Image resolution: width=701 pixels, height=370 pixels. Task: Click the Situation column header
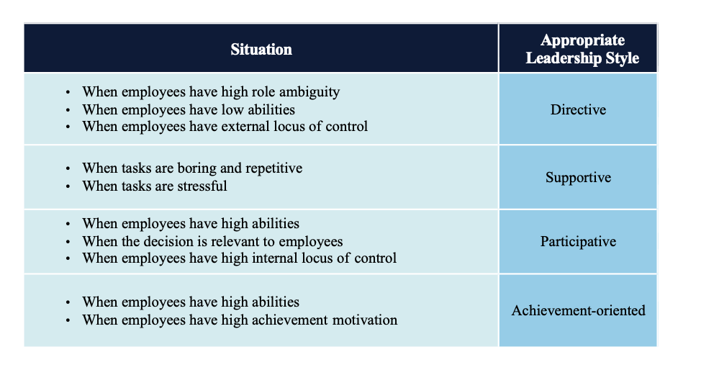click(x=261, y=50)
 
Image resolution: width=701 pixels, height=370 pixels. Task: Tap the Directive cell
click(x=578, y=110)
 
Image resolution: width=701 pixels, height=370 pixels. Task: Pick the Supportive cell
click(x=578, y=177)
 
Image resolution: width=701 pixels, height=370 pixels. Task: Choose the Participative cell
click(x=578, y=241)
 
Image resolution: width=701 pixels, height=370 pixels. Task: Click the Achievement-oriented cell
click(x=578, y=311)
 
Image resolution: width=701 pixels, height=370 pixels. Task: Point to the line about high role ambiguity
click(x=210, y=92)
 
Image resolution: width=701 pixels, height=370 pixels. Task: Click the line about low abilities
click(x=189, y=109)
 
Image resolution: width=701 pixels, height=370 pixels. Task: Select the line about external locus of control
click(x=225, y=127)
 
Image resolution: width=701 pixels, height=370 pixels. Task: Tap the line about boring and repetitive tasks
click(x=192, y=168)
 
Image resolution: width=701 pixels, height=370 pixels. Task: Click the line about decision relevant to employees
click(x=212, y=241)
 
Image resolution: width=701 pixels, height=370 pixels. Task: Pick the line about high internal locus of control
click(x=239, y=258)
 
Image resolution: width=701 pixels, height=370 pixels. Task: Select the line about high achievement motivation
click(x=240, y=320)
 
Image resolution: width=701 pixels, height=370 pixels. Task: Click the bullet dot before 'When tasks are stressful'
click(x=68, y=186)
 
